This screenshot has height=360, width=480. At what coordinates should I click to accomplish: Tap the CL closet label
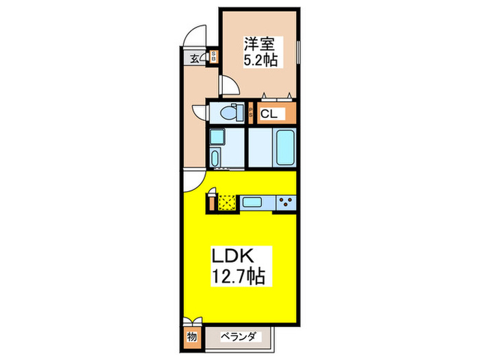pyautogui.click(x=269, y=114)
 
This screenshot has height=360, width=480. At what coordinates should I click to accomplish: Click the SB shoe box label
pyautogui.click(x=214, y=58)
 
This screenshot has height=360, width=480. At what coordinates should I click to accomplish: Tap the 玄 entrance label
pyautogui.click(x=195, y=58)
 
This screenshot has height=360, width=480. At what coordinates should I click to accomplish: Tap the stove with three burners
pyautogui.click(x=286, y=202)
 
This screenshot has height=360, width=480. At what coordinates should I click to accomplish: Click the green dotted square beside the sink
pyautogui.click(x=227, y=202)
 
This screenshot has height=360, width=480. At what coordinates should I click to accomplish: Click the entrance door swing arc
pyautogui.click(x=197, y=35)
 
